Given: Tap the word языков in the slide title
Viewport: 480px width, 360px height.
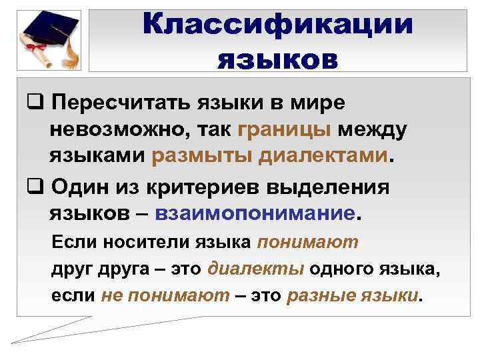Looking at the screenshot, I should (x=278, y=60).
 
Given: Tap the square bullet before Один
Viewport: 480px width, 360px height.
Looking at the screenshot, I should (x=35, y=187).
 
